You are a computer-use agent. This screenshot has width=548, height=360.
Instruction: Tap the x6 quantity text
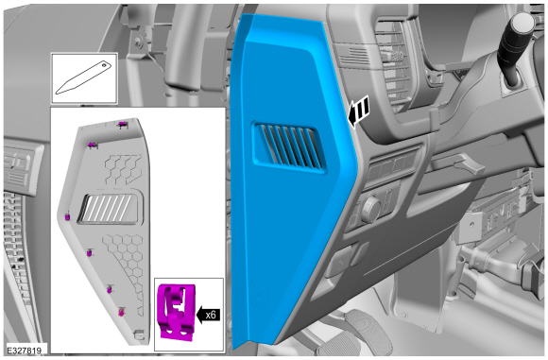click(x=211, y=315)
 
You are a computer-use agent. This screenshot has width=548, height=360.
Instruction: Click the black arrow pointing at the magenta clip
click(x=209, y=315)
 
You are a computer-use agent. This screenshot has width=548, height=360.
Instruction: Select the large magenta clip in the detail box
click(x=176, y=312)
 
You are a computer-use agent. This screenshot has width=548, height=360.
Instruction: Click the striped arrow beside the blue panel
click(x=359, y=111)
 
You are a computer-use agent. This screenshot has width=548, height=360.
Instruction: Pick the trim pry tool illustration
click(x=83, y=77)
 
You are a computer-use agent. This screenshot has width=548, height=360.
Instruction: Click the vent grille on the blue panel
click(x=289, y=146)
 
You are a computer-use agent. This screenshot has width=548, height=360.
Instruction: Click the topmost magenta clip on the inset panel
click(x=122, y=125)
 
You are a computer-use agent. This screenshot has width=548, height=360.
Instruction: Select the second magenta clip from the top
click(x=92, y=146)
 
